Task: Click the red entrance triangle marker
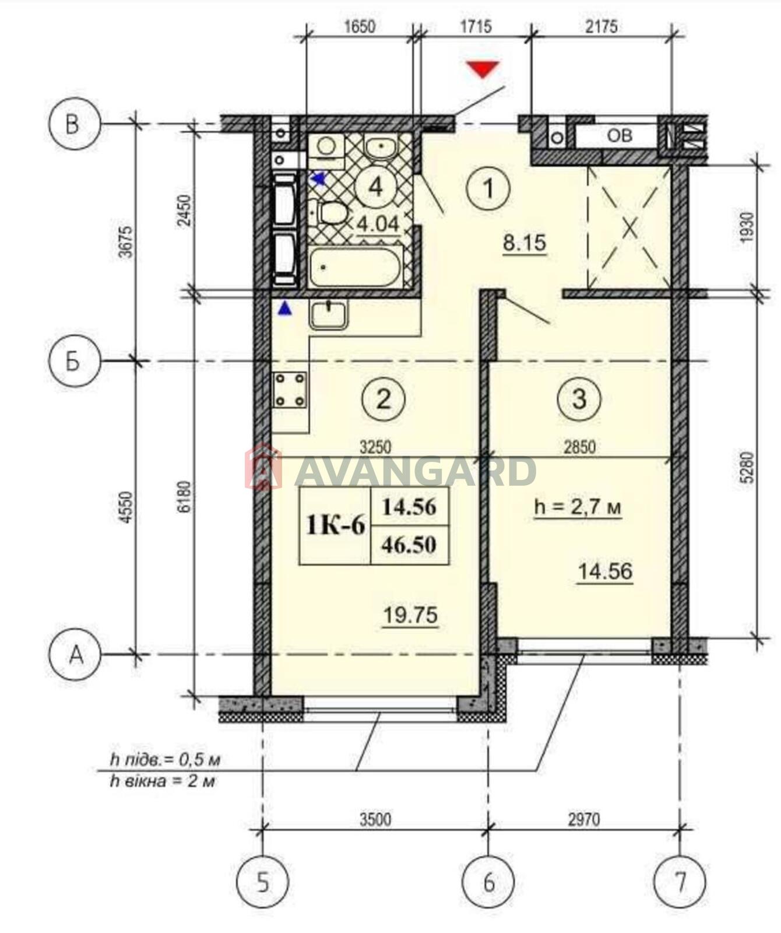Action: pyautogui.click(x=483, y=68)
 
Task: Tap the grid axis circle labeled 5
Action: pyautogui.click(x=263, y=882)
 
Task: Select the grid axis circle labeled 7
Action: pyautogui.click(x=680, y=882)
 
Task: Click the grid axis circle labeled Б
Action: pyautogui.click(x=74, y=362)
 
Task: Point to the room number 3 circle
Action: pyautogui.click(x=579, y=399)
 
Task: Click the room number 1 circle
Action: pyautogui.click(x=488, y=188)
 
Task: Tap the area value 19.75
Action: pyautogui.click(x=410, y=615)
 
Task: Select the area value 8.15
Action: pyautogui.click(x=525, y=243)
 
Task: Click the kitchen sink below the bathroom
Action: pyautogui.click(x=329, y=315)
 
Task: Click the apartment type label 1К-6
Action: pyautogui.click(x=336, y=526)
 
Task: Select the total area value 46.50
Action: pyautogui.click(x=409, y=545)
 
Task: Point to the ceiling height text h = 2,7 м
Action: pyautogui.click(x=578, y=507)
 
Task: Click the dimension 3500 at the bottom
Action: pyautogui.click(x=375, y=819)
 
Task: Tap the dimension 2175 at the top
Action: pyautogui.click(x=601, y=27)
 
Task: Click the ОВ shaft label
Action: pyautogui.click(x=620, y=136)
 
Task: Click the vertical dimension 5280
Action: pyautogui.click(x=748, y=467)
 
